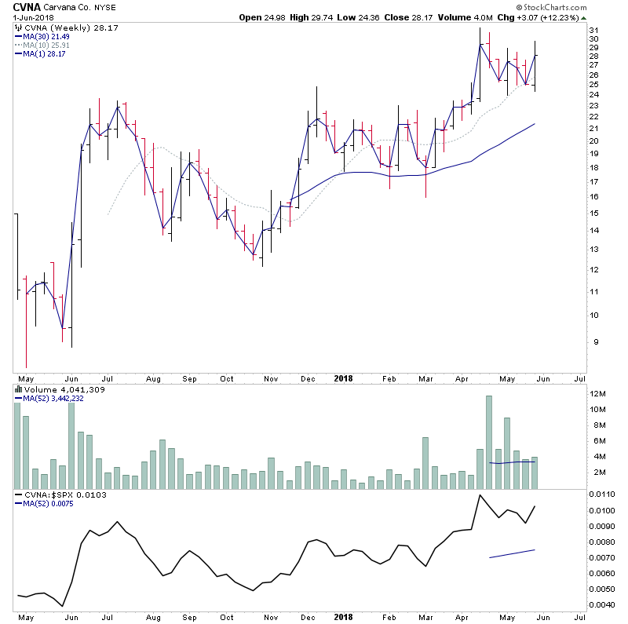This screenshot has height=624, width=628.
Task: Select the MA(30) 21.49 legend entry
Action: (42, 37)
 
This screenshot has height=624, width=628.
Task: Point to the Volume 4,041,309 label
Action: (54, 389)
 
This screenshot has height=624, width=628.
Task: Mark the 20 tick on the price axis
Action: (594, 141)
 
